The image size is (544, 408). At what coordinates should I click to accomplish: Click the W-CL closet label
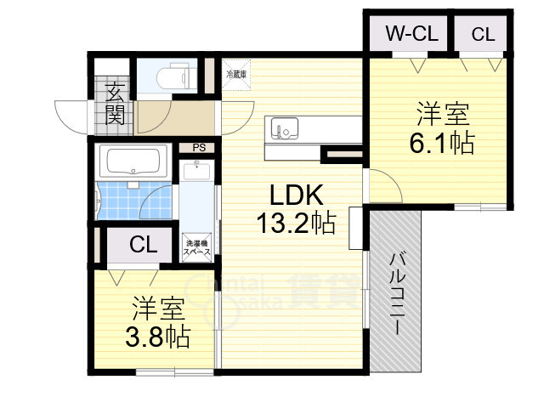411,34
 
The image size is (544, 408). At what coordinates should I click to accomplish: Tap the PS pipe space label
200,147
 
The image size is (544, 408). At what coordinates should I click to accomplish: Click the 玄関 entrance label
115,100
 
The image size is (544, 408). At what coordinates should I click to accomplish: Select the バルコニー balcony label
397,293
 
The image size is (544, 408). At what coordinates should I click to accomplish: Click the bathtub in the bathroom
131,161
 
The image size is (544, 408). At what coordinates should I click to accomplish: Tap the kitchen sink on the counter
283,130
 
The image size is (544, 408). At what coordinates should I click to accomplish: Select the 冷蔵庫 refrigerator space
236,75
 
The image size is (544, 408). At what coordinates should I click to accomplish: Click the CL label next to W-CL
483,34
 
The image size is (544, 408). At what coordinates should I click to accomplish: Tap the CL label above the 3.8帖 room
143,246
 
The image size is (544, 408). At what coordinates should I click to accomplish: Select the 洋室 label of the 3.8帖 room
158,308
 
